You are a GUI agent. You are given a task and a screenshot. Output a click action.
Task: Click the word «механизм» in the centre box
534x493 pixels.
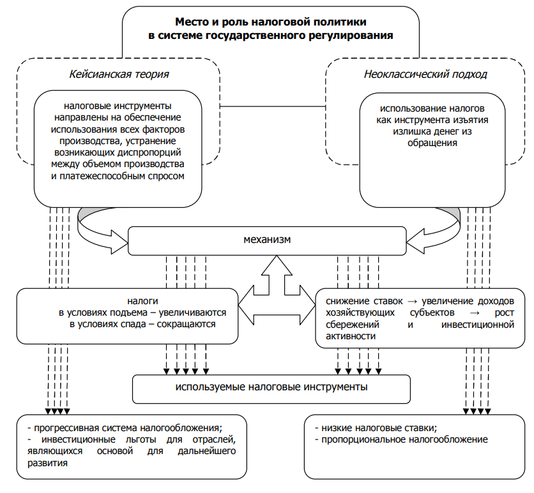click(x=267, y=240)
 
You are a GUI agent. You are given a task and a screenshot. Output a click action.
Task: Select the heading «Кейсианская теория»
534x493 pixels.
click(x=119, y=75)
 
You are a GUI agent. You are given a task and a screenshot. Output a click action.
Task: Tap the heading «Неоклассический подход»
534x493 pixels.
click(x=425, y=75)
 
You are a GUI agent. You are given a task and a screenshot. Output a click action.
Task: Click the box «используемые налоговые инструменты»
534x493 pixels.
click(x=271, y=387)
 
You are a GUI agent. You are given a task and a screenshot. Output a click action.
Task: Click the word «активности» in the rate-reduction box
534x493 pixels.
click(x=345, y=336)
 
